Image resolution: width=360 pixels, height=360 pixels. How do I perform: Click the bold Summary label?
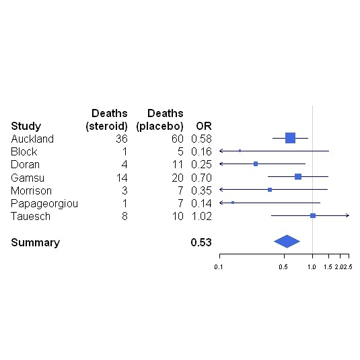tap(35, 242)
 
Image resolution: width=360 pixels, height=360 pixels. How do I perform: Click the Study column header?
tap(26, 126)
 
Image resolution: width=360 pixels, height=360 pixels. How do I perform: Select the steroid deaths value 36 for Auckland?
tap(121, 139)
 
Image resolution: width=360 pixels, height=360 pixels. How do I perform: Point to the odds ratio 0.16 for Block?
tap(201, 151)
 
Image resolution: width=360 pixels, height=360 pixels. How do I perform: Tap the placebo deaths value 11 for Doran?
tap(178, 164)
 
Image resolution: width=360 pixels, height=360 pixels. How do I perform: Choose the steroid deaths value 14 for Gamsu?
tap(121, 177)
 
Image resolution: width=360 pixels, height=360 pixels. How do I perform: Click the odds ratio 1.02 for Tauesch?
tap(201, 215)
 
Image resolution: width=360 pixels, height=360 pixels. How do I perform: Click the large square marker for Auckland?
tap(290, 138)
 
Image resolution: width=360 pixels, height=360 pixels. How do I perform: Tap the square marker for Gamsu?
tap(298, 177)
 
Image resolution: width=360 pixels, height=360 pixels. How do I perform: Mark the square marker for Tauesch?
tap(313, 215)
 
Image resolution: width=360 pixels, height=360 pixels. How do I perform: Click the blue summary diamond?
tap(287, 242)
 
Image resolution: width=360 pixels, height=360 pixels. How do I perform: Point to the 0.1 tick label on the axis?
tap(219, 267)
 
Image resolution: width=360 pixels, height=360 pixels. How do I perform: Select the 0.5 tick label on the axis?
tap(283, 267)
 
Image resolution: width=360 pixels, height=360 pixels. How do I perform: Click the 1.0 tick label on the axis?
tap(312, 267)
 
